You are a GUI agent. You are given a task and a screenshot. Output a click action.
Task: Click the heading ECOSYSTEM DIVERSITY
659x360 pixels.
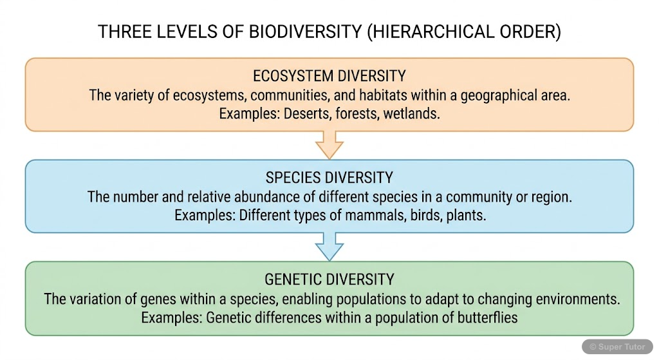point(329,76)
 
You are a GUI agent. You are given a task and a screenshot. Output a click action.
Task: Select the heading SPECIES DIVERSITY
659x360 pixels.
point(329,178)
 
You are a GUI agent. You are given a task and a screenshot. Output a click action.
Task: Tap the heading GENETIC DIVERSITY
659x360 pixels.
point(329,279)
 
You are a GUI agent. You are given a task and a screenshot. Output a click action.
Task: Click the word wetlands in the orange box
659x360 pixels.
point(411,113)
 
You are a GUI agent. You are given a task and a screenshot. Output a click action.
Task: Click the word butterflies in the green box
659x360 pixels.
point(485,317)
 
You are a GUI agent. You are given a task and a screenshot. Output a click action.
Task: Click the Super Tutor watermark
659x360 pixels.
point(617,347)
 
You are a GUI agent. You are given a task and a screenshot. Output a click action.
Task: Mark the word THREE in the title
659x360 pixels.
point(118,32)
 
